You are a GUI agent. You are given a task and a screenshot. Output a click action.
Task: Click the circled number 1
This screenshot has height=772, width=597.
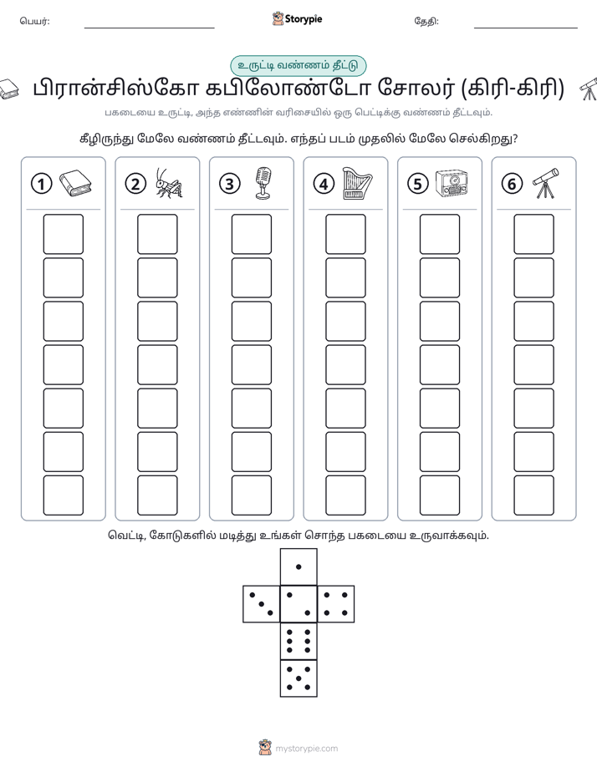[41, 184]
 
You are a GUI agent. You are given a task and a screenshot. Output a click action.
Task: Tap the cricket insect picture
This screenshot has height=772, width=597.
[169, 183]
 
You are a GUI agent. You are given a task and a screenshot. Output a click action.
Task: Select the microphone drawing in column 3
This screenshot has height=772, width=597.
[263, 183]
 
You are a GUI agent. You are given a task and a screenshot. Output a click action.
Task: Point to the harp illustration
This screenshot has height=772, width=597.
[357, 183]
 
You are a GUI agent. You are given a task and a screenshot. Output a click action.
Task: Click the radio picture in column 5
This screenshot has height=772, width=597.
[452, 183]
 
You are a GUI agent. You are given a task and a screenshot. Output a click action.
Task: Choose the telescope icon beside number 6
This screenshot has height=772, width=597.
[546, 183]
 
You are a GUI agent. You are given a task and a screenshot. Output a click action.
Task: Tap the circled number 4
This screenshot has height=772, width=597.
[324, 184]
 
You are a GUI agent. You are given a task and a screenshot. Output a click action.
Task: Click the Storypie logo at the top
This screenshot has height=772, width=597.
[297, 19]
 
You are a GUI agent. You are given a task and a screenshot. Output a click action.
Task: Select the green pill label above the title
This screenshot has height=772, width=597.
[298, 65]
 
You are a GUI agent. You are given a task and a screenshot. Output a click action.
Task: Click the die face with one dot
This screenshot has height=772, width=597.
[298, 566]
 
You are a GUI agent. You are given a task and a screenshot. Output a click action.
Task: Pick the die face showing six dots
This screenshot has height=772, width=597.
[298, 641]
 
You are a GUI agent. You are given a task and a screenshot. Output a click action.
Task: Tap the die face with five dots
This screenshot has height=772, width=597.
[298, 678]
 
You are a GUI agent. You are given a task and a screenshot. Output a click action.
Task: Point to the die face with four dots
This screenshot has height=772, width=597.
[336, 604]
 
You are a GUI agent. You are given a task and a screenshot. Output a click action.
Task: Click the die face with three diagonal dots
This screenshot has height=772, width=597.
[262, 604]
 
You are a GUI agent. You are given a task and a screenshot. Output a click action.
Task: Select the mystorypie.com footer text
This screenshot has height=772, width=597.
[306, 749]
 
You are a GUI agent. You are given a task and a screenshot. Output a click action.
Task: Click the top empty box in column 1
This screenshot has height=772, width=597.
[63, 234]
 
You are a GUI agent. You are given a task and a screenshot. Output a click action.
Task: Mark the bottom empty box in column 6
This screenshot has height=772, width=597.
[534, 495]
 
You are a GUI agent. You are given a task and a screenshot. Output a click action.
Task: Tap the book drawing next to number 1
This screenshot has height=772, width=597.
[75, 183]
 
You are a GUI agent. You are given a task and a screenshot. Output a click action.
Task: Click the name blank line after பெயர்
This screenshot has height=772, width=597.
[149, 28]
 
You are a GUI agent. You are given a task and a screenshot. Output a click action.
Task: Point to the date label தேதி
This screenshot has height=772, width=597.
[426, 21]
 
